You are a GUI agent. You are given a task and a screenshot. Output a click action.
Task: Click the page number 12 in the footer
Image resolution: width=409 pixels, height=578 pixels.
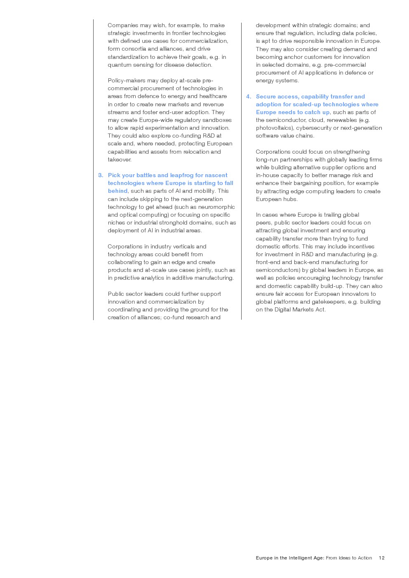(381, 558)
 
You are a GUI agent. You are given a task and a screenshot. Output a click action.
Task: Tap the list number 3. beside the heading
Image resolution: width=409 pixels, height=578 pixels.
(101, 175)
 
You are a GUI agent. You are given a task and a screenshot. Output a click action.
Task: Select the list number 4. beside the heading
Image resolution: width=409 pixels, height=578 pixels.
(249, 96)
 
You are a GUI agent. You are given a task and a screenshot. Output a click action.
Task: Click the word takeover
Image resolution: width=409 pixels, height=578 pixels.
(120, 159)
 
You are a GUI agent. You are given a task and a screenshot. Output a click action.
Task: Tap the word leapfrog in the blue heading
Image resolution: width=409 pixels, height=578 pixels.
(182, 175)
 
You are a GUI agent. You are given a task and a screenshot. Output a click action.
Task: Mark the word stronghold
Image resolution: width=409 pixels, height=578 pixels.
(174, 222)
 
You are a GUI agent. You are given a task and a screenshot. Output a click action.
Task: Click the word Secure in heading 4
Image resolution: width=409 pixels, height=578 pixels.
(266, 96)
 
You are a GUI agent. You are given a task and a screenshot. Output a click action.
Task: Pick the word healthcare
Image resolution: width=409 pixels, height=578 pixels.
(213, 96)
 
